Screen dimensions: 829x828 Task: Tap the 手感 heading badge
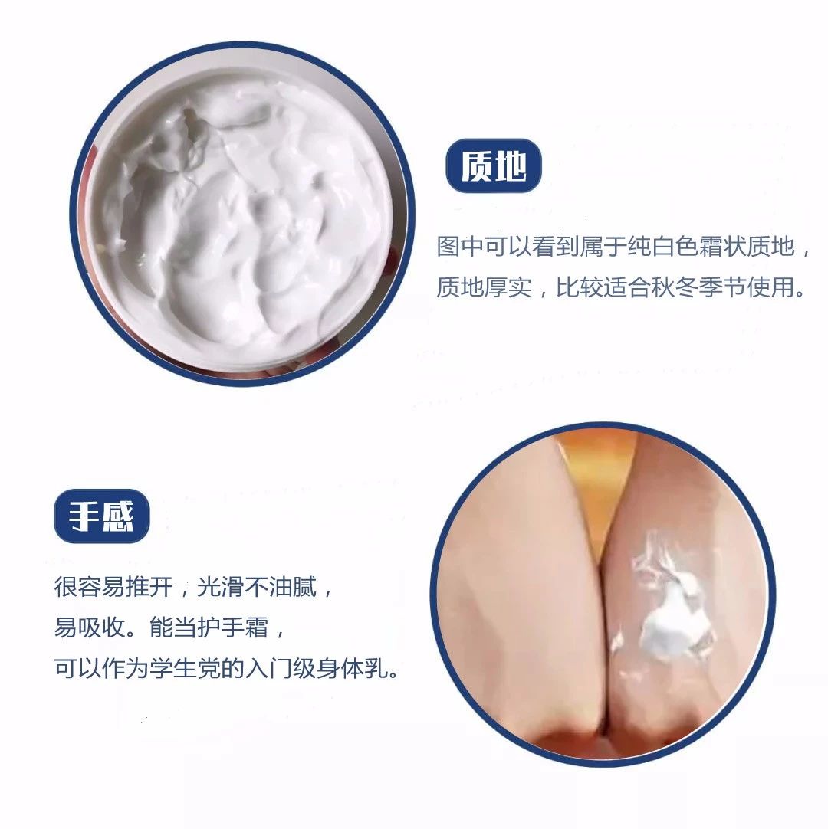tap(101, 518)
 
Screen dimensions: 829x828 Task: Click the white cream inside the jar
tap(245, 222)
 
